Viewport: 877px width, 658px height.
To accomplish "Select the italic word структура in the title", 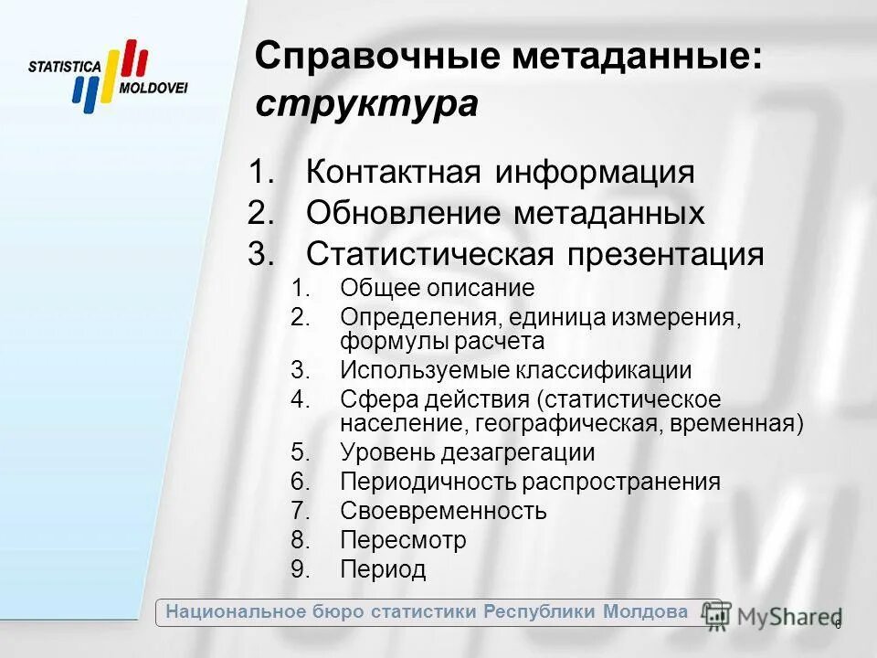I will [366, 104].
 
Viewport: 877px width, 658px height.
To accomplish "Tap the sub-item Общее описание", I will [437, 289].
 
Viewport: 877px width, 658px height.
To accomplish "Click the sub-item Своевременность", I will [443, 511].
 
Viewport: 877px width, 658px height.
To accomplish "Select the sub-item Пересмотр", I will [403, 540].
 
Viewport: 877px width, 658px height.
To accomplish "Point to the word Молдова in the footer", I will [645, 611].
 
